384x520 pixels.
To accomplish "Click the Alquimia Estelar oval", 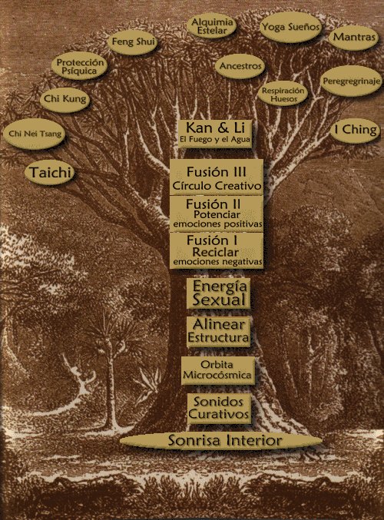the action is tap(211, 27).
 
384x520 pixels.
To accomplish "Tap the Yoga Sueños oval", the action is tap(291, 27).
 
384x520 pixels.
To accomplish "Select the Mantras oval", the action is tap(354, 37).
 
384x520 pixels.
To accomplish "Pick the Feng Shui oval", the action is tap(132, 42).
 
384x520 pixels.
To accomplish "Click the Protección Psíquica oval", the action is tap(79, 66).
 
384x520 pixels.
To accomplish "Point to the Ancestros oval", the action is tap(240, 66).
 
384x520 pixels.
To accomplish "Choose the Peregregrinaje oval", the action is tap(351, 81).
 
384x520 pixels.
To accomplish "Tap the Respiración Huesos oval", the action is tap(283, 94).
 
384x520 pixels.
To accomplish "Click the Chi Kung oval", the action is tap(65, 99).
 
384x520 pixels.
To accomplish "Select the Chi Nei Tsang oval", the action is tap(34, 134).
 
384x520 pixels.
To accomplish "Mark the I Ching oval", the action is tap(355, 131).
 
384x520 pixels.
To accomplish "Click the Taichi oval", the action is tap(49, 173).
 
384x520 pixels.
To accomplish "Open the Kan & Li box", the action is tap(214, 134).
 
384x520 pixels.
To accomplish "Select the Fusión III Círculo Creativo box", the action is tap(217, 177).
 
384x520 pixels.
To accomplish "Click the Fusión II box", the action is tap(217, 214).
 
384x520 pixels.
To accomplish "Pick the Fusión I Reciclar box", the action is tap(217, 250).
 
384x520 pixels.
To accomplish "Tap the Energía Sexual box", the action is tap(218, 293).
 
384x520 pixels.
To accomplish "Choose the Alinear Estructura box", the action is tap(218, 332).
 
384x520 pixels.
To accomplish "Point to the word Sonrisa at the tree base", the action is tap(194, 441).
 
